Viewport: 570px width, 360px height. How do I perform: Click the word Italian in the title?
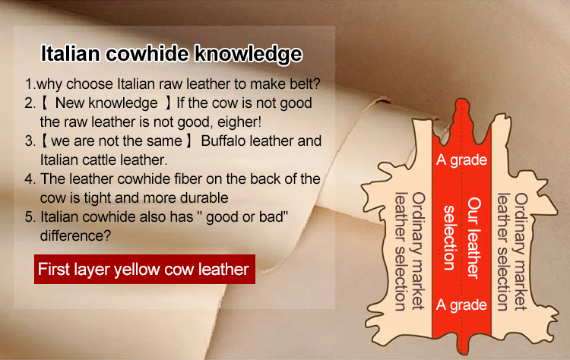tap(70, 54)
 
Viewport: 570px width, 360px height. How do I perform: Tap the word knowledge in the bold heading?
tap(249, 55)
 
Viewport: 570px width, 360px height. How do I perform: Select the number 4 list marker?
tap(30, 179)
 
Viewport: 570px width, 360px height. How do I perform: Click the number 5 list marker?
tap(30, 217)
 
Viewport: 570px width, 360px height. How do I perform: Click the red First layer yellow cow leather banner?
tap(144, 269)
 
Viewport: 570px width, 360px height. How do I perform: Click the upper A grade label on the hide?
tap(461, 160)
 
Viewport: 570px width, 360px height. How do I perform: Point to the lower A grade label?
tap(461, 305)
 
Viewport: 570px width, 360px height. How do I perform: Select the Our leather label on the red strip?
tap(473, 238)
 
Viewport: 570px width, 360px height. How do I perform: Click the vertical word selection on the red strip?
tap(449, 238)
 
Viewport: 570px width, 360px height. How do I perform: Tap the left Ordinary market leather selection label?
tap(410, 251)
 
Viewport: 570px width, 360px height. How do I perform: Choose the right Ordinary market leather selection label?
tap(512, 251)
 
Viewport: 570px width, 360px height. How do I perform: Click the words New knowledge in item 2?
tap(106, 103)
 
